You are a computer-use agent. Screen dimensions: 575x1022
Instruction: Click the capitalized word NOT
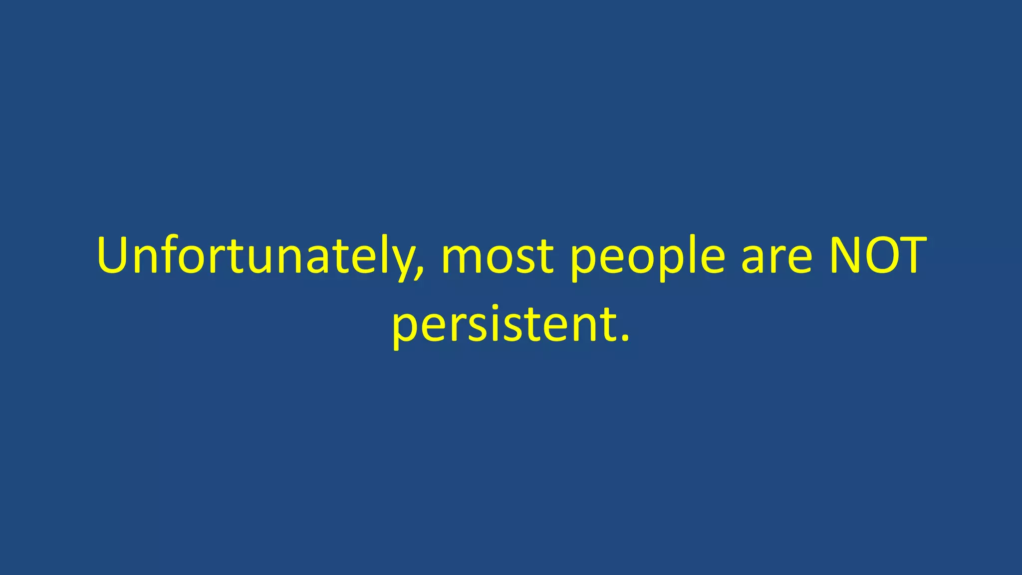(x=877, y=256)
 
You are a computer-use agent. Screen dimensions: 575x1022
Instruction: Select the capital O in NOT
(x=881, y=256)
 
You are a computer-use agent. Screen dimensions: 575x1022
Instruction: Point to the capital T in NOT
(x=913, y=256)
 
